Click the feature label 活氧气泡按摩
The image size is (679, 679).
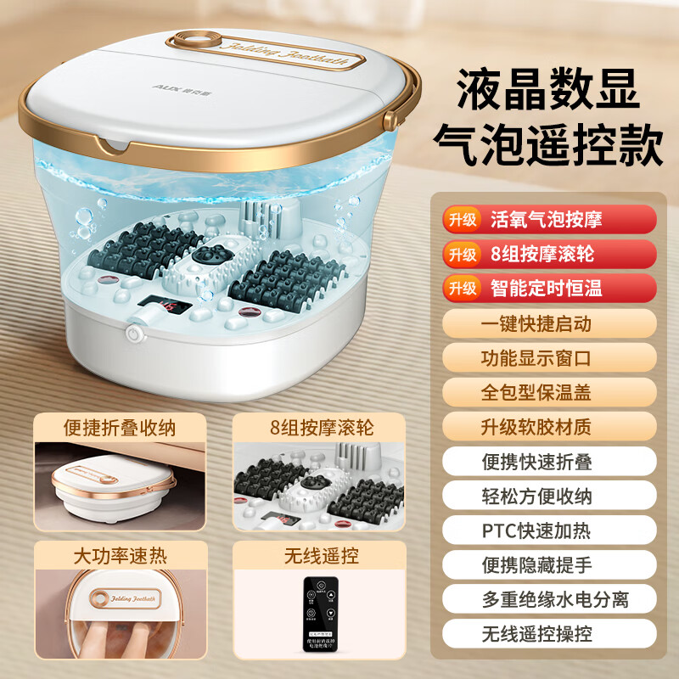546,219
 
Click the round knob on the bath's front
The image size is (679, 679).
133,334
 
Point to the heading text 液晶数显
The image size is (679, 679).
547,87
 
